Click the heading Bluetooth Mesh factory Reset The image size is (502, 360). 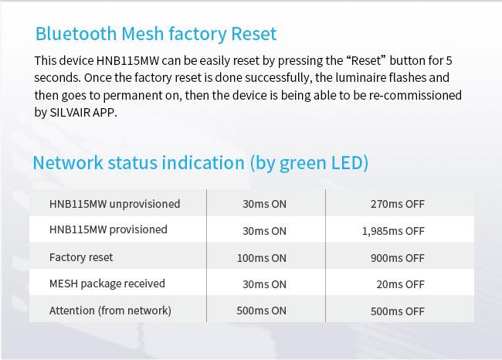click(156, 34)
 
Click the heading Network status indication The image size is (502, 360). click(201, 163)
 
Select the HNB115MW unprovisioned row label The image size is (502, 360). click(114, 204)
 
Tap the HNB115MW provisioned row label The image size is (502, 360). click(108, 229)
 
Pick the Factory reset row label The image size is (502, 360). click(81, 257)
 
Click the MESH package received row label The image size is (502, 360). click(107, 284)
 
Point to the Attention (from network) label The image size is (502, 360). click(110, 311)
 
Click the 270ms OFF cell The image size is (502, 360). click(398, 204)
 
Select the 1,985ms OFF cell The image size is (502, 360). click(393, 231)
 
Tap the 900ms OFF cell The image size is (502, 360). click(398, 258)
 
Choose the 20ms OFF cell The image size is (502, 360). click(401, 284)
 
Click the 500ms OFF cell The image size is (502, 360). click(398, 311)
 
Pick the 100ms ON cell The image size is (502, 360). click(262, 258)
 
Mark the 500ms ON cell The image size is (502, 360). click(262, 311)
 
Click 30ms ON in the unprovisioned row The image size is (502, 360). click(264, 204)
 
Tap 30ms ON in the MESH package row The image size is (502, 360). click(264, 284)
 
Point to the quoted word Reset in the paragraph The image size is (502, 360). click(366, 60)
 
